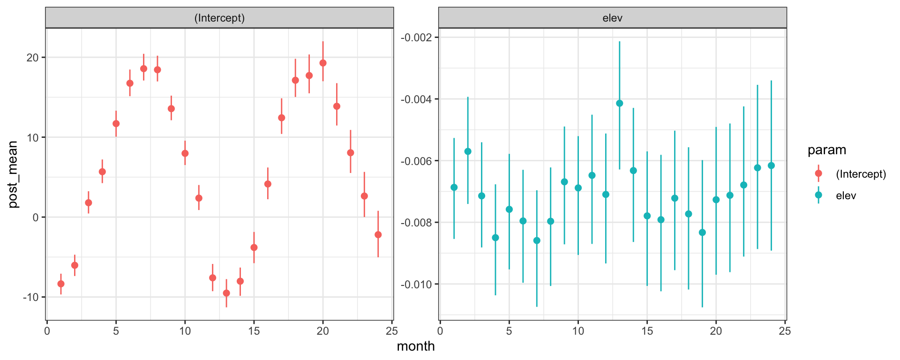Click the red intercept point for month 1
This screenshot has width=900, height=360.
tap(61, 284)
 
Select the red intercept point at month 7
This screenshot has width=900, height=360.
tap(144, 68)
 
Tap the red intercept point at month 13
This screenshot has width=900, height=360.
tap(226, 293)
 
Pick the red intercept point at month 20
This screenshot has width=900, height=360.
tap(323, 63)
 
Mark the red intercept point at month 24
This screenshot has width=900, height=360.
tap(378, 235)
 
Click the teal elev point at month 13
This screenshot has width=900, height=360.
tap(620, 103)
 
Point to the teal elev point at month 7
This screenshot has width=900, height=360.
tap(537, 240)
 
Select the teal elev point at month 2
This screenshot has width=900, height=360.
tap(468, 151)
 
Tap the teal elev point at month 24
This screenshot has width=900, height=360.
tap(771, 165)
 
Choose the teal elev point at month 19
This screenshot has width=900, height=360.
tap(702, 232)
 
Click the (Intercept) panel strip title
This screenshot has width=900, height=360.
tap(219, 18)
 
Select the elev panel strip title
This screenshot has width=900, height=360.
tap(612, 18)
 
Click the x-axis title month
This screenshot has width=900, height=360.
tap(416, 346)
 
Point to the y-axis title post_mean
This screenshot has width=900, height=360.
tap(13, 174)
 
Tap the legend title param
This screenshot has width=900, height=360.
tap(827, 150)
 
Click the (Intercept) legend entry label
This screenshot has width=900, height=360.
tap(861, 174)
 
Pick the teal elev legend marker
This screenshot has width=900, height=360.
tap(818, 195)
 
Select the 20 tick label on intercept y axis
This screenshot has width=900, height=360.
tap(32, 58)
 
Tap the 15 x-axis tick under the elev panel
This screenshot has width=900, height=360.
tap(647, 331)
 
